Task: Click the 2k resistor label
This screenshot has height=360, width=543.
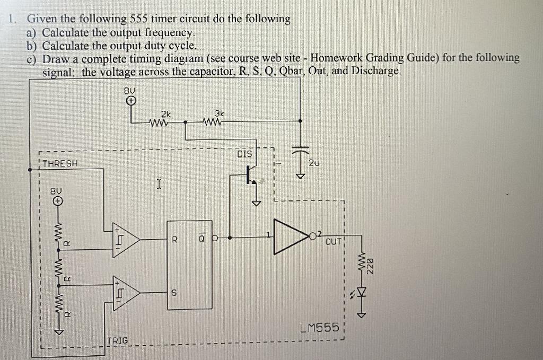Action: [166, 114]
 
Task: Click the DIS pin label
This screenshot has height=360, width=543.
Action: [244, 154]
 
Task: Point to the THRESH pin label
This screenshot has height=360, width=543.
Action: [60, 163]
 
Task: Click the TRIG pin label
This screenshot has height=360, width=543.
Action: [117, 340]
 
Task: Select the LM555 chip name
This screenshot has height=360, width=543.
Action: [319, 328]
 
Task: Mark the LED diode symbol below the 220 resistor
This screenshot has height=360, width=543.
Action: [363, 291]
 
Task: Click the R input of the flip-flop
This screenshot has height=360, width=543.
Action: [173, 239]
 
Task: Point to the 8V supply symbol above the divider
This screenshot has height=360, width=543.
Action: [57, 200]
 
